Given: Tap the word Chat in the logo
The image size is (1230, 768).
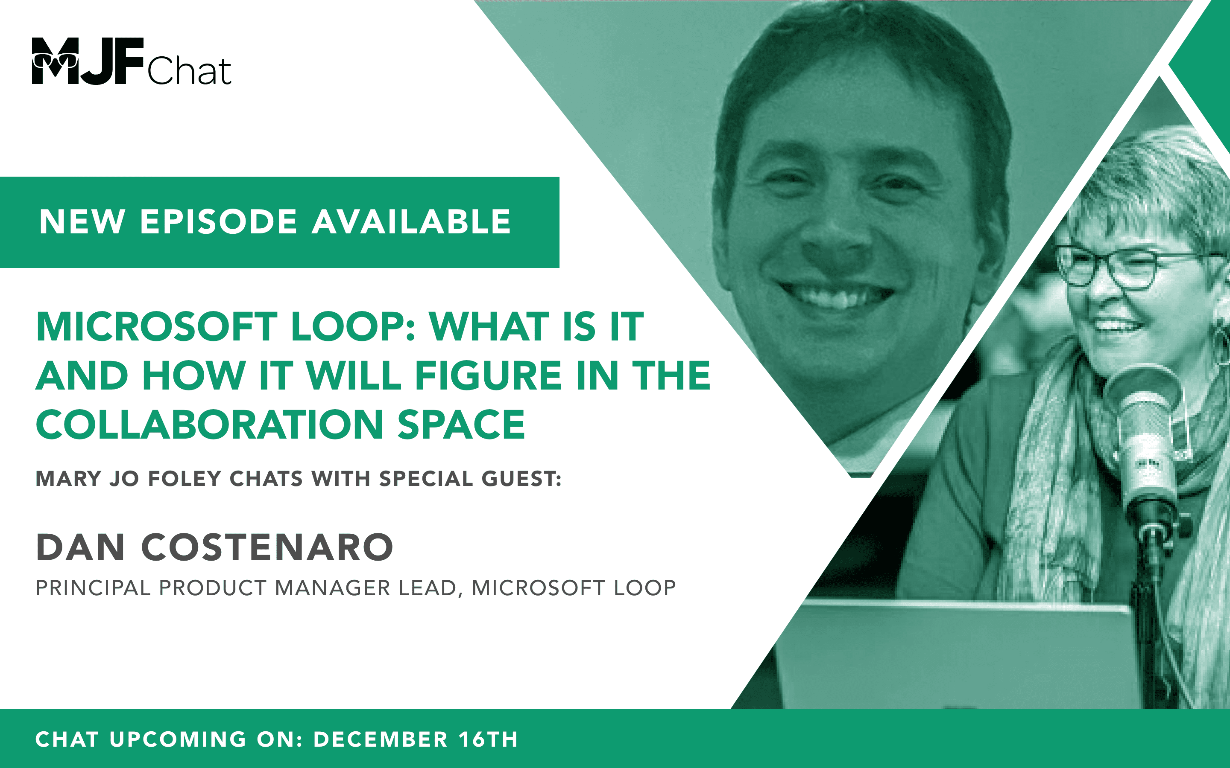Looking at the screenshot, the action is pos(190,71).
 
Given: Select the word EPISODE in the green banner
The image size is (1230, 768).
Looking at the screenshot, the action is pos(219,222).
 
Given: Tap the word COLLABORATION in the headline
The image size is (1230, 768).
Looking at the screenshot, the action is pos(209,425).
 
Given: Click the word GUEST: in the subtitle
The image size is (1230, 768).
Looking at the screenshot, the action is pos(521,479).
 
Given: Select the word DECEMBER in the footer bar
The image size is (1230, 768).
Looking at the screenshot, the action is pos(380,739).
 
